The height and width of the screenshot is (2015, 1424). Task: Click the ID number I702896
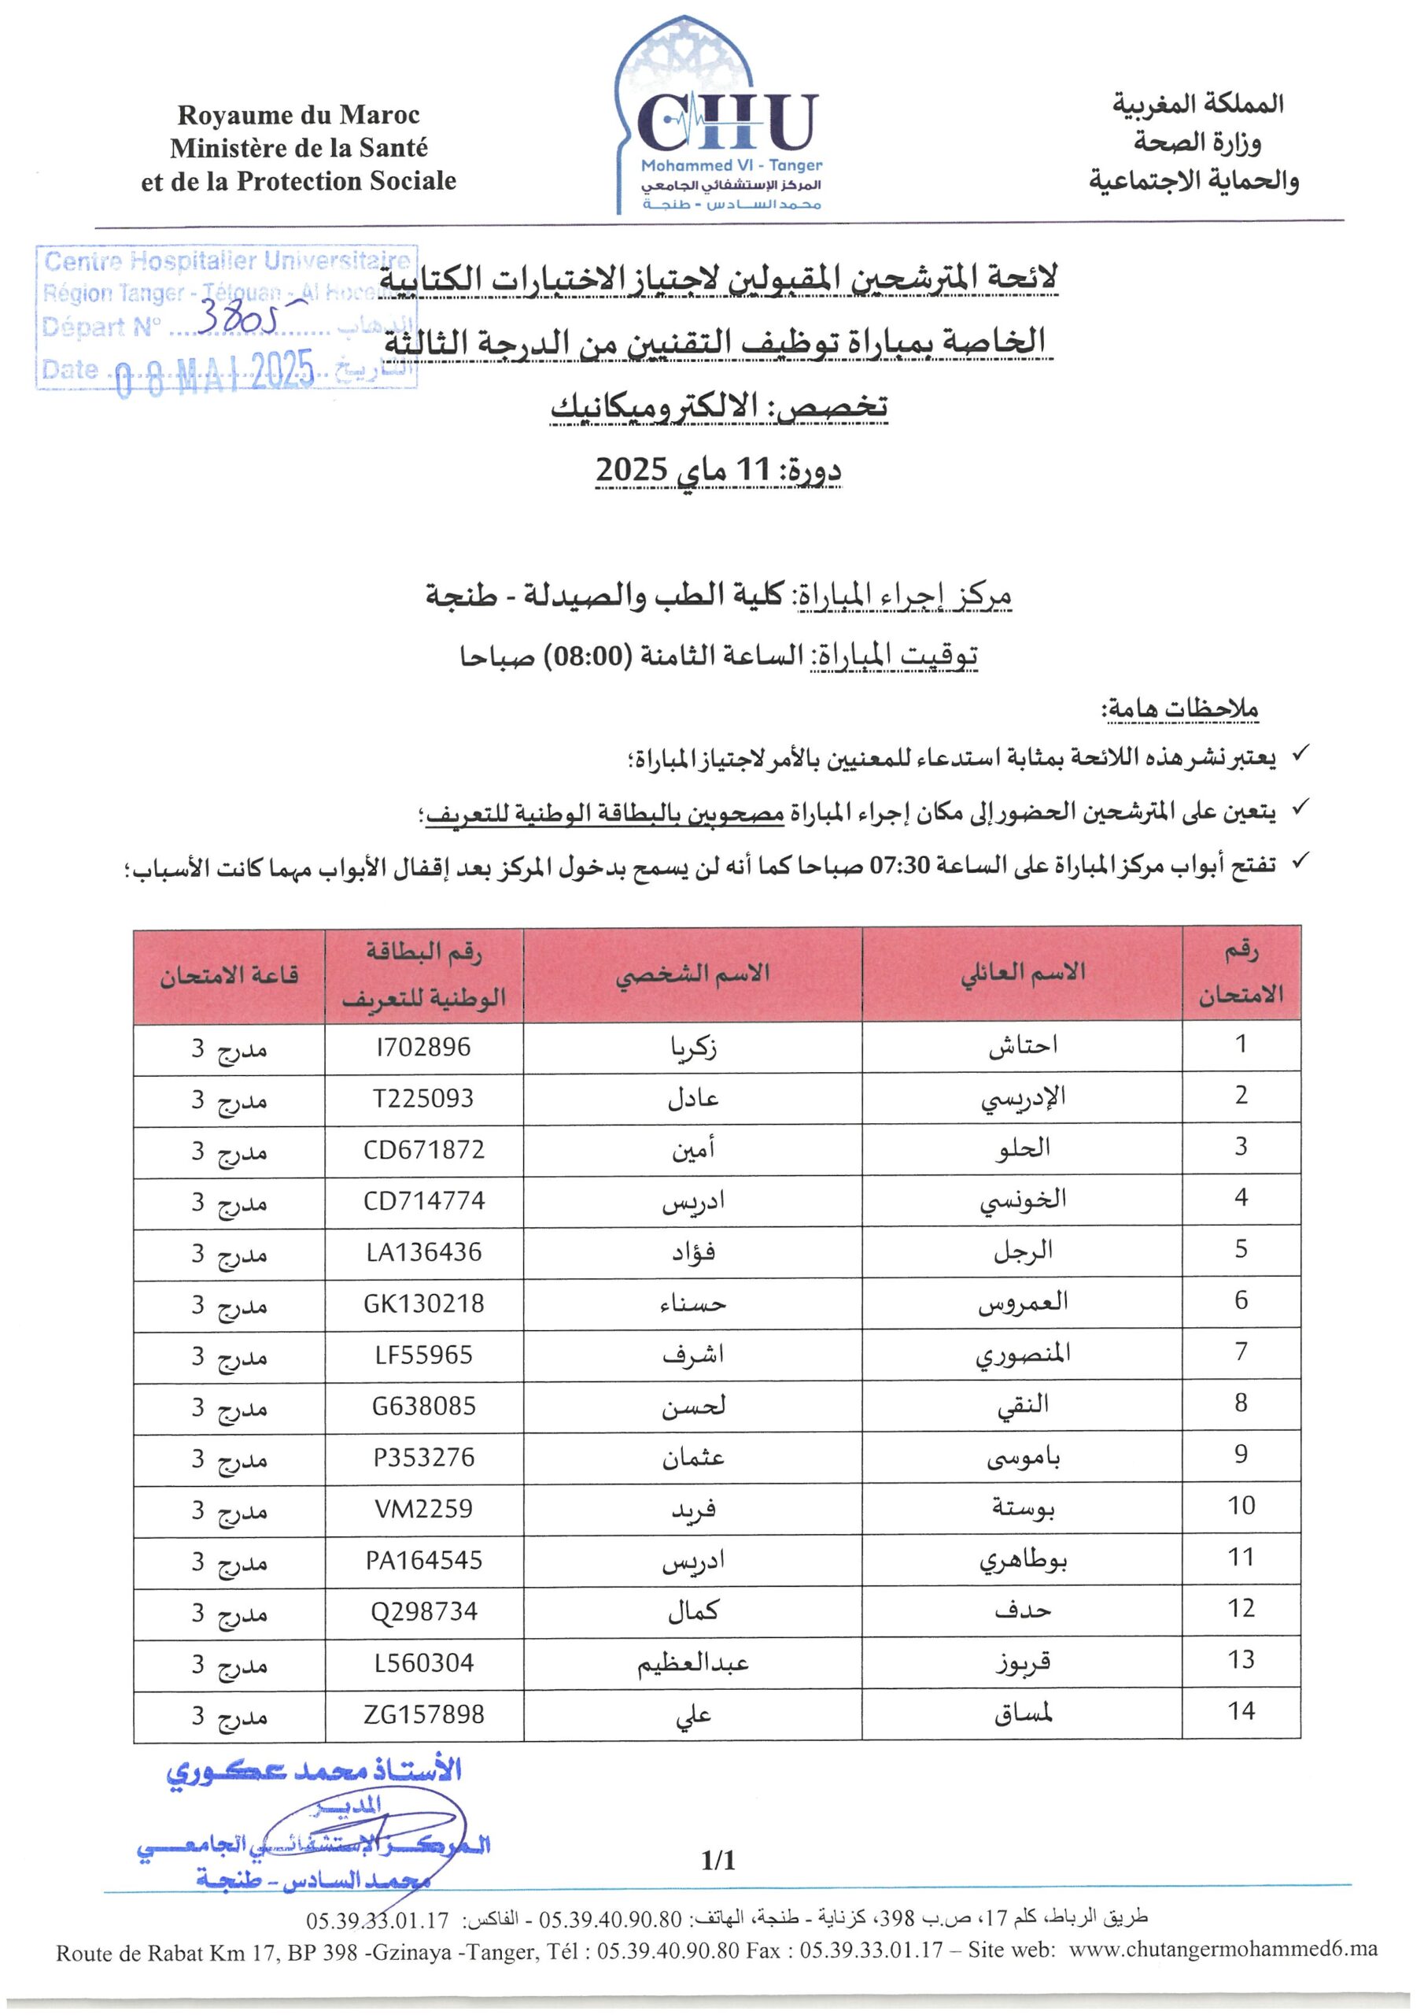tap(423, 1047)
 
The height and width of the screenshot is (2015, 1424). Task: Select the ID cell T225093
tap(423, 1098)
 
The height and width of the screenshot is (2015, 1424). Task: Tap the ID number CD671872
tap(423, 1150)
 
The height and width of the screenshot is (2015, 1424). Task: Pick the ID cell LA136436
tap(423, 1252)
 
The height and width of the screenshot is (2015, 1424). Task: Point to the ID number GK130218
tap(423, 1303)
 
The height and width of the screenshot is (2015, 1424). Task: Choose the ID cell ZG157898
tap(423, 1714)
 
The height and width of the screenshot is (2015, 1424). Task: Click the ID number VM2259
tap(423, 1509)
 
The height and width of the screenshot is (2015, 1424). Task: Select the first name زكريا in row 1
tap(693, 1047)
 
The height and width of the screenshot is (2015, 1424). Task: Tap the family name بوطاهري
tap(1022, 1560)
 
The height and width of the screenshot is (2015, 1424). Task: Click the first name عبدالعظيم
tap(693, 1663)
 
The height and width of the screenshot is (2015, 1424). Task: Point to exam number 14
tap(1241, 1711)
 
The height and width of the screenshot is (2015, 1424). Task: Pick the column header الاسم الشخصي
tap(693, 974)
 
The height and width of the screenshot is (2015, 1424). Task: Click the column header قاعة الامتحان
tap(229, 975)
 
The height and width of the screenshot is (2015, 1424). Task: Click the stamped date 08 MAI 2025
tap(215, 372)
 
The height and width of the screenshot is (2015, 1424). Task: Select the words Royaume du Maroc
tap(298, 115)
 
